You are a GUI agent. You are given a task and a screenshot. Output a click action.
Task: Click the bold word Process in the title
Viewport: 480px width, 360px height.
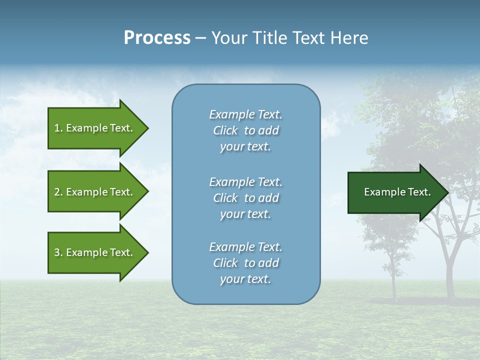click(x=157, y=38)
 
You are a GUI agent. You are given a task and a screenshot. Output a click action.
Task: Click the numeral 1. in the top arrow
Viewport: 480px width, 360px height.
click(x=58, y=128)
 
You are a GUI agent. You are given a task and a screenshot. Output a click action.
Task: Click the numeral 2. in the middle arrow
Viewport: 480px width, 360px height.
click(x=58, y=192)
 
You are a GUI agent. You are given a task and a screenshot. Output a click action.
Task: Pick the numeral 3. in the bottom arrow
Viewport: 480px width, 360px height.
click(x=58, y=252)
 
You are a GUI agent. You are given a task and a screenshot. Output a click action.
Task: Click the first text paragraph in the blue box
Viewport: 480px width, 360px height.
click(x=245, y=130)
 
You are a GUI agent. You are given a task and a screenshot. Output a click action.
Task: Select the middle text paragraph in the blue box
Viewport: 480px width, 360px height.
click(x=245, y=198)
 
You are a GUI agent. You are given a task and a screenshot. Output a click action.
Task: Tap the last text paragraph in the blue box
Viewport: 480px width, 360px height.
click(x=245, y=263)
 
